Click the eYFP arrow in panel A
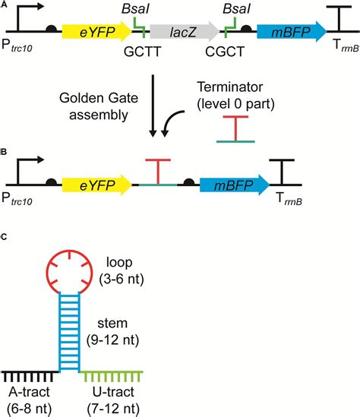tap(97, 32)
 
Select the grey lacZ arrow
tap(185, 32)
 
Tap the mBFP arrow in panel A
tap(292, 32)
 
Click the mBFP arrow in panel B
tap(235, 185)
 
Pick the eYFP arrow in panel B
tap(97, 185)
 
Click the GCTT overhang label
tap(143, 52)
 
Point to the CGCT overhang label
tap(225, 52)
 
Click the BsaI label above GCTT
tap(136, 9)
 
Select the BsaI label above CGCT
tap(237, 9)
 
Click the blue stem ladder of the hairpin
tap(69, 332)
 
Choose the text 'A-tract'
tap(30, 392)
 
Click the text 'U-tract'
tap(113, 392)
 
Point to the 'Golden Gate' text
tap(99, 98)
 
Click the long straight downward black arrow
tap(153, 106)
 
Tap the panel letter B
tap(4, 152)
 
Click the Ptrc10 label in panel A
tap(17, 46)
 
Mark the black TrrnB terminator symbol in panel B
tap(282, 172)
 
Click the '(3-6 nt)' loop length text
tap(122, 280)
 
